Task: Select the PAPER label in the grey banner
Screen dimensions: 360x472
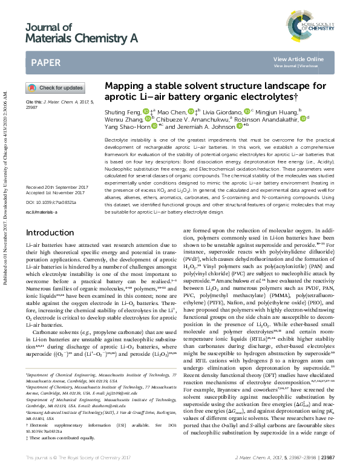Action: (45, 62)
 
